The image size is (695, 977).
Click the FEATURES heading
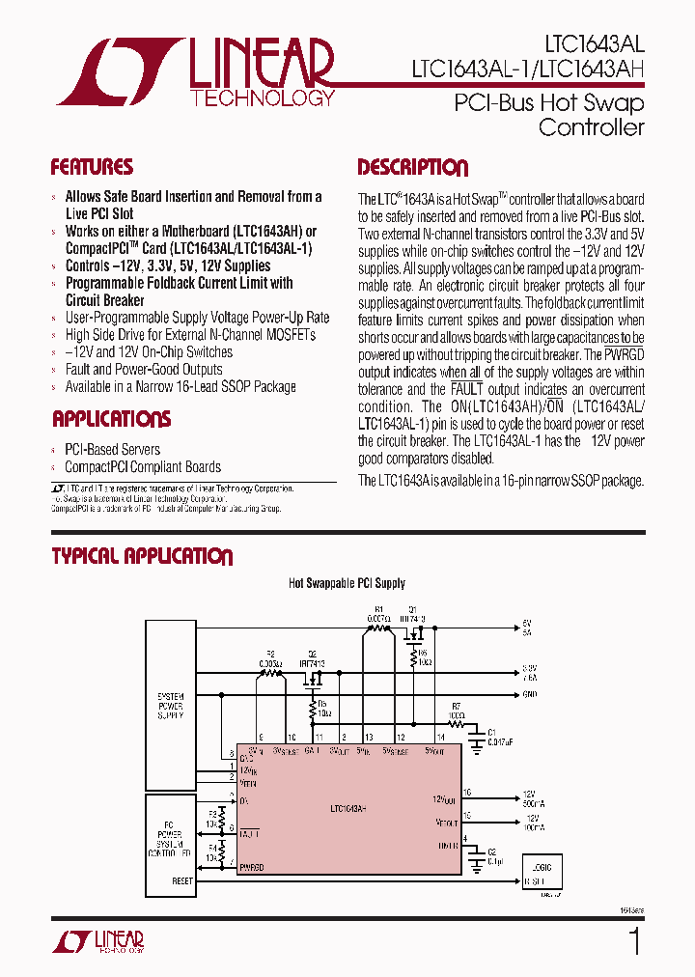pyautogui.click(x=92, y=167)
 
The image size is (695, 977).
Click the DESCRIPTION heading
pyautogui.click(x=412, y=168)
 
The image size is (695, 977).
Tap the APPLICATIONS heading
pyautogui.click(x=111, y=419)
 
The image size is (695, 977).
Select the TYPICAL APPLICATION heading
pyautogui.click(x=141, y=556)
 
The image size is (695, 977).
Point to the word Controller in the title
pyautogui.click(x=591, y=127)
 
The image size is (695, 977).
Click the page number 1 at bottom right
pyautogui.click(x=634, y=941)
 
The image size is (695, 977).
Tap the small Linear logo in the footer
pyautogui.click(x=97, y=941)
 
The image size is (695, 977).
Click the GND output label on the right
pyautogui.click(x=529, y=694)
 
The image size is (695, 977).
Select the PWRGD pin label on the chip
pyautogui.click(x=251, y=867)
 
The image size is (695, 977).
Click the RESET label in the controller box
pyautogui.click(x=182, y=880)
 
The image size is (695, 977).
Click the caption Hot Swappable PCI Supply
pyautogui.click(x=347, y=583)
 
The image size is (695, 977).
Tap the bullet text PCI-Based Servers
pyautogui.click(x=112, y=449)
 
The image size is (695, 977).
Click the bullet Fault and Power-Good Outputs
pyautogui.click(x=143, y=369)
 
